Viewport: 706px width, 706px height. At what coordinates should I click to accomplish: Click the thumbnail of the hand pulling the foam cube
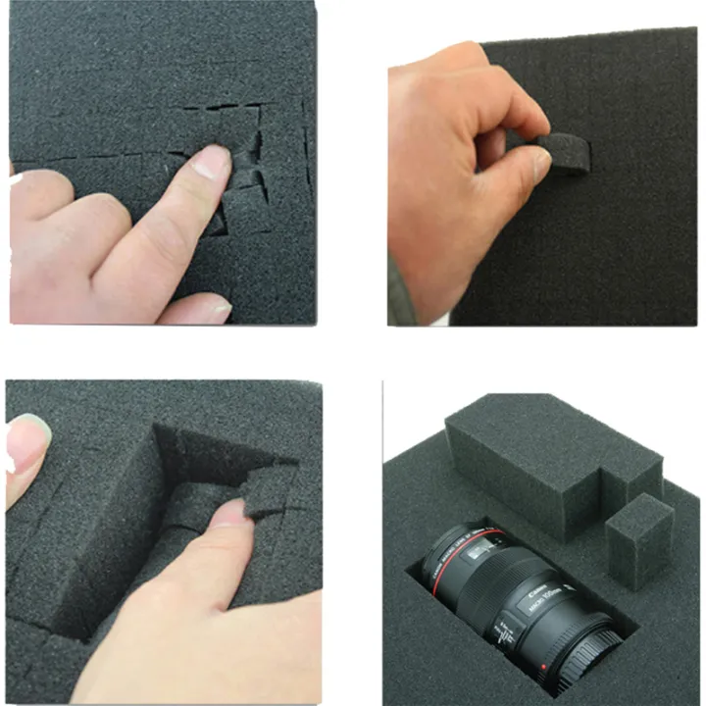(x=540, y=167)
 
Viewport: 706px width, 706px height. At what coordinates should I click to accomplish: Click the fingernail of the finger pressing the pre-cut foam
(x=212, y=161)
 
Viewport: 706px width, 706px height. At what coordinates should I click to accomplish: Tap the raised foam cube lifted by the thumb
(x=270, y=487)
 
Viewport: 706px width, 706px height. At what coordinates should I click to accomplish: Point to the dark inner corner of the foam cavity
(x=167, y=441)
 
